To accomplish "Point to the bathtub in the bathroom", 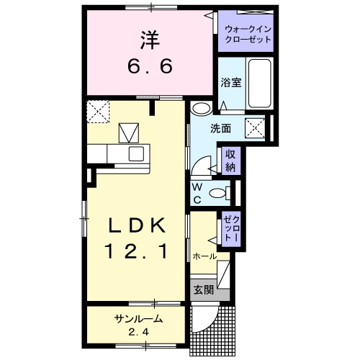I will [x=257, y=84].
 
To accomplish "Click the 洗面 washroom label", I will [x=220, y=130].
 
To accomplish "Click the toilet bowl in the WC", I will [x=219, y=192].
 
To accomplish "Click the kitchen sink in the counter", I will [x=137, y=153].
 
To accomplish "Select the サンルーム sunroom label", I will [x=137, y=319].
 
